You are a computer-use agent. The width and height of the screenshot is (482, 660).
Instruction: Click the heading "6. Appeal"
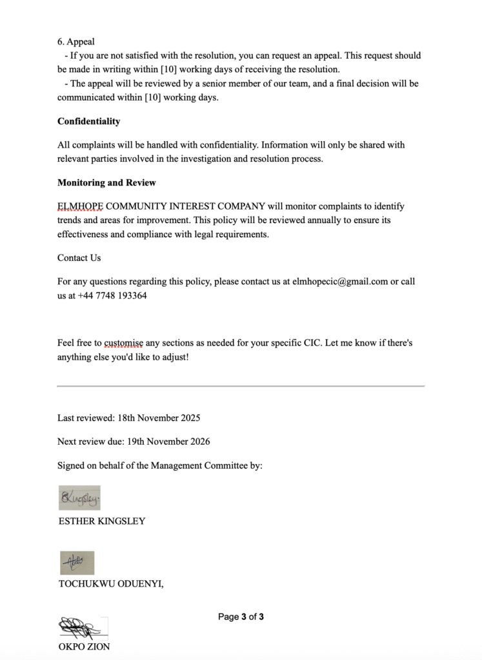(75, 42)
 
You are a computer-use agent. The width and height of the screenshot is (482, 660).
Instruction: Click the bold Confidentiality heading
(88, 121)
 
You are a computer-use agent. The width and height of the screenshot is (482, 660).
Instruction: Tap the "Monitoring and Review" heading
(106, 182)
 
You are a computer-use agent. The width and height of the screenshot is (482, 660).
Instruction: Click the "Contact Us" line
(79, 258)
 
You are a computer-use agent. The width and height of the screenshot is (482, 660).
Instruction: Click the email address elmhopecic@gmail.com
(339, 282)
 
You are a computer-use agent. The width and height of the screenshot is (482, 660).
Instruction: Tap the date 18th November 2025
(159, 418)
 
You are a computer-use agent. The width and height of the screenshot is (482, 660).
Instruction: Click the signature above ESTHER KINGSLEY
(79, 498)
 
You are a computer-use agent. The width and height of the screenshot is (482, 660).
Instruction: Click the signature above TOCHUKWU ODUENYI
(77, 563)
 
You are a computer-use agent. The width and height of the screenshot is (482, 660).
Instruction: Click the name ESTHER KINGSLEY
(101, 521)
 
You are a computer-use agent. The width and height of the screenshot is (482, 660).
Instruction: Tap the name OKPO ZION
(83, 646)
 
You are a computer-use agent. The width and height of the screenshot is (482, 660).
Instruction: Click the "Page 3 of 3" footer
(241, 617)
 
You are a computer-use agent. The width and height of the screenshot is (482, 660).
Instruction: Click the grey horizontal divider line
(241, 386)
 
